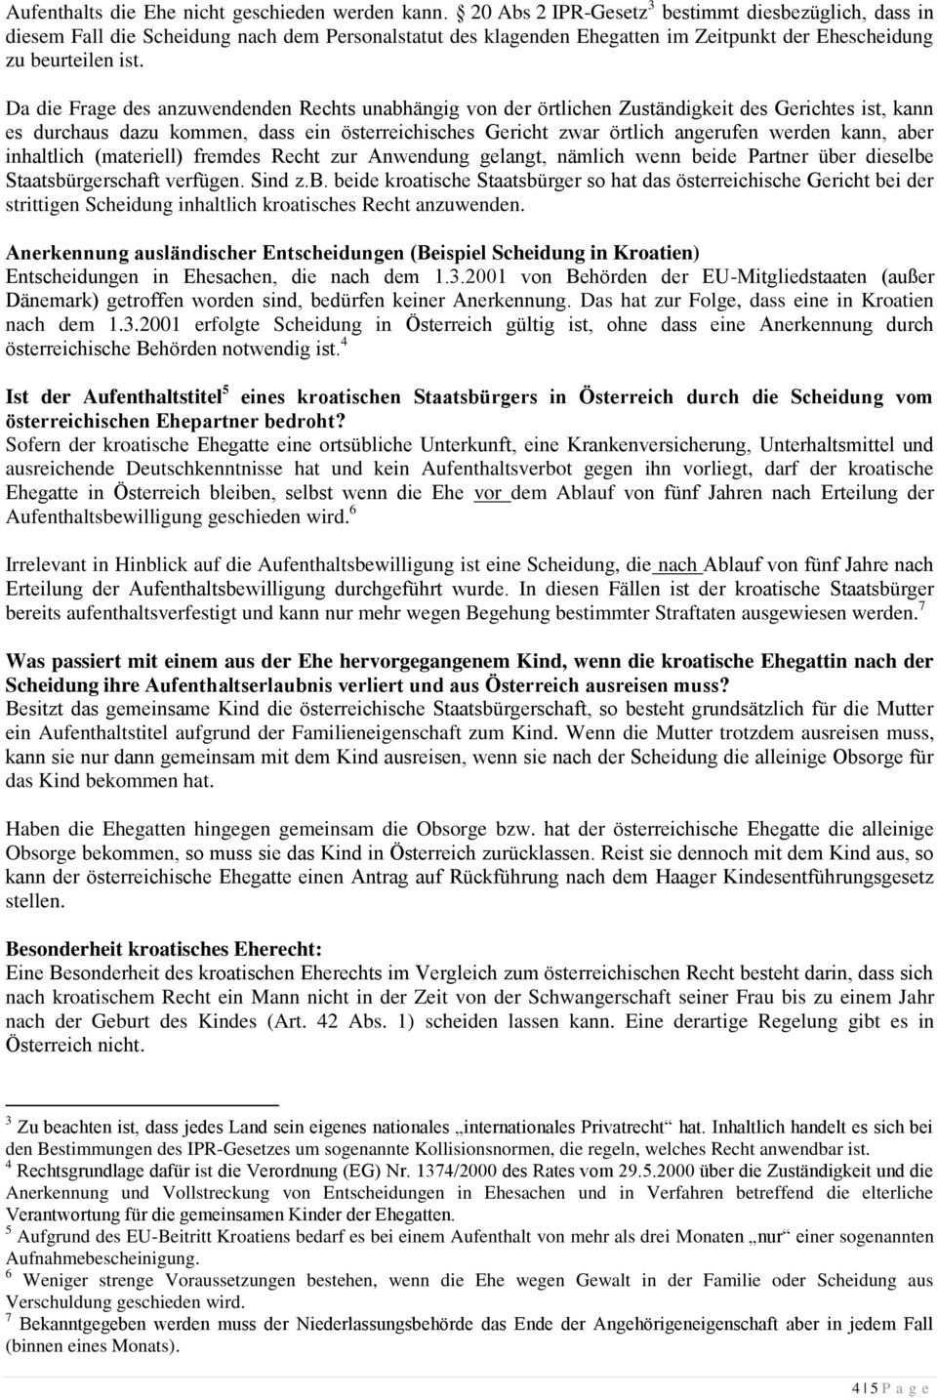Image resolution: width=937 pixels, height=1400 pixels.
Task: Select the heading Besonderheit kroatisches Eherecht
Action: tap(164, 949)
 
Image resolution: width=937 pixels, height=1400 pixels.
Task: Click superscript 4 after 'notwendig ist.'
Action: tap(345, 344)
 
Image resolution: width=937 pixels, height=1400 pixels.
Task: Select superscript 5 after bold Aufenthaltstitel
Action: tap(226, 391)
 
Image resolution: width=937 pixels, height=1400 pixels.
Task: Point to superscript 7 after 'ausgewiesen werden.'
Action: tap(921, 607)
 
